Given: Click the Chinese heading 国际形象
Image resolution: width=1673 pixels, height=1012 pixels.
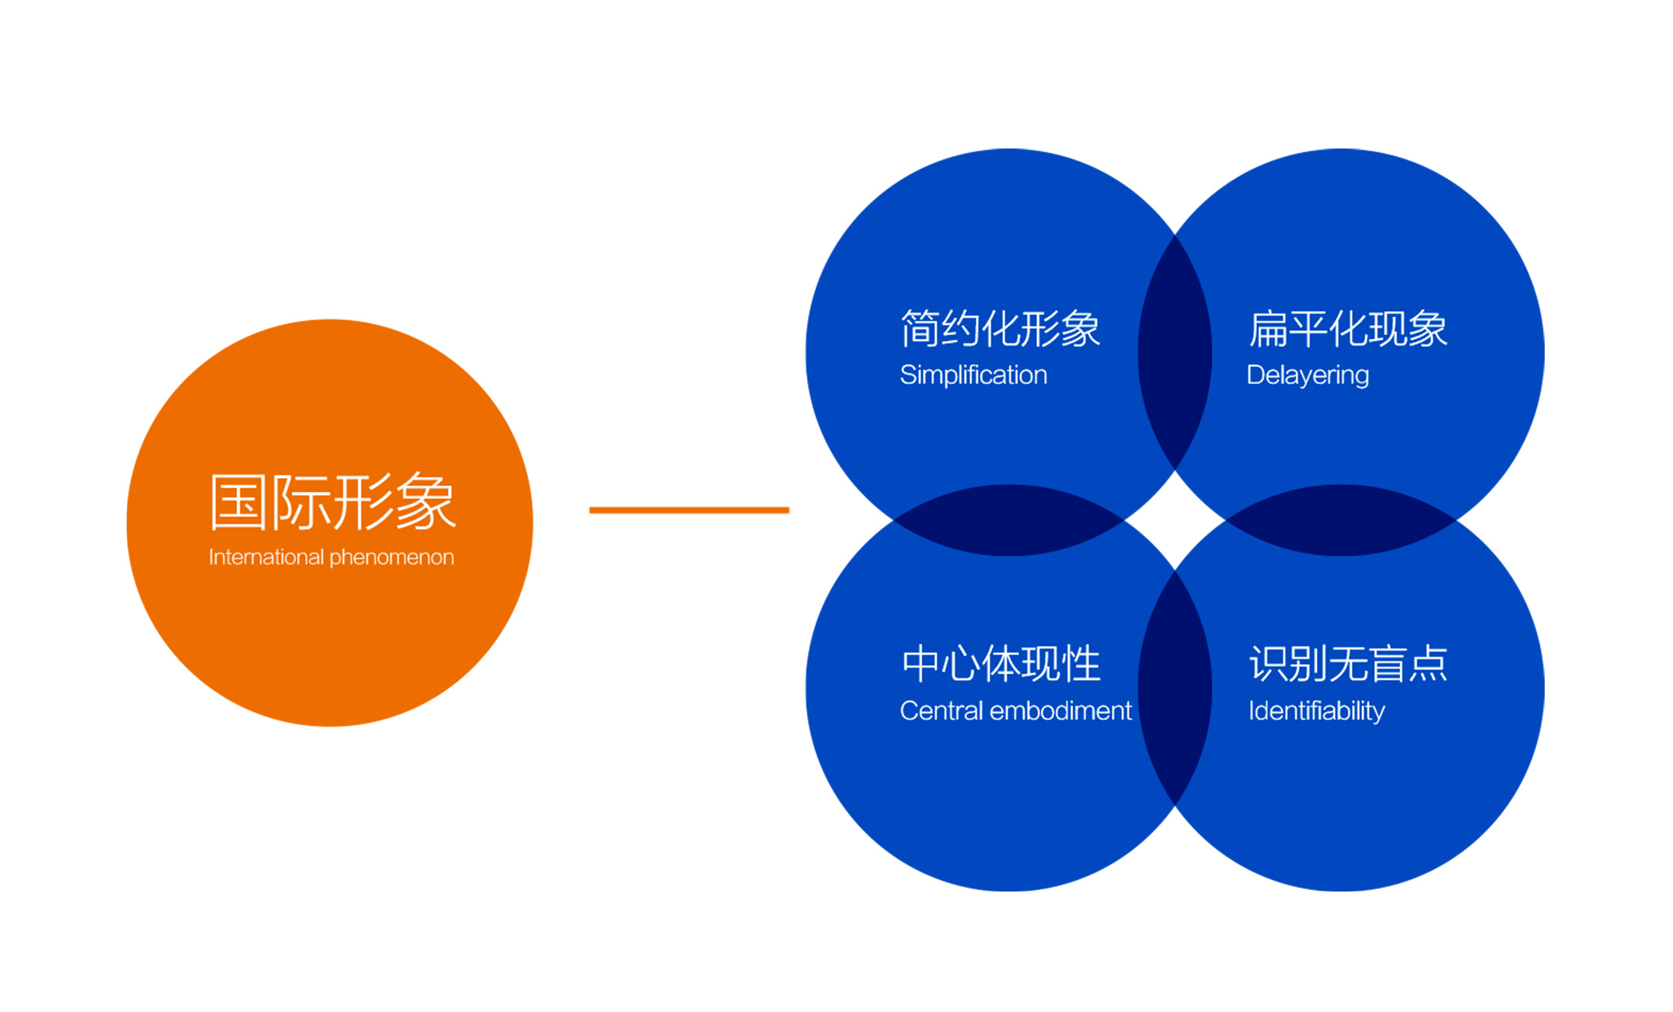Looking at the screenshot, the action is [332, 502].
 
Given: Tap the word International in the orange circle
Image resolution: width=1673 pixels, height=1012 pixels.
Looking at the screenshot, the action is [266, 557].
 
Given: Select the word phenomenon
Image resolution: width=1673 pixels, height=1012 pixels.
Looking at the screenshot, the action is [392, 558].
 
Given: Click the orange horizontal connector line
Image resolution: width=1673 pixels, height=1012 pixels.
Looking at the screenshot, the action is [689, 510].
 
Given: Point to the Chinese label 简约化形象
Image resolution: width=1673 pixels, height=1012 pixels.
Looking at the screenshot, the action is [1000, 328].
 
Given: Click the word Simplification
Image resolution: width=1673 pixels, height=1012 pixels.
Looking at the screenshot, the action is [973, 375].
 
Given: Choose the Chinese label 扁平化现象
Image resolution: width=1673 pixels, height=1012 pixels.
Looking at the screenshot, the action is [1348, 328].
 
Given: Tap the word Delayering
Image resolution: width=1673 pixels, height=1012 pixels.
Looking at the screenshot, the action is [1308, 375].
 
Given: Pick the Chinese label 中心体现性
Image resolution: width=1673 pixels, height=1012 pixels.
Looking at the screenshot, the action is [1001, 664].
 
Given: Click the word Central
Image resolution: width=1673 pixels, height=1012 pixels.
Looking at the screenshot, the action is [941, 710].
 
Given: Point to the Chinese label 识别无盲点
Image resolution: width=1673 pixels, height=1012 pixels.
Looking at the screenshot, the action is [1348, 664].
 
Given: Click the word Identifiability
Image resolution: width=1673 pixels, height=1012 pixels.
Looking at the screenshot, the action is [1317, 711].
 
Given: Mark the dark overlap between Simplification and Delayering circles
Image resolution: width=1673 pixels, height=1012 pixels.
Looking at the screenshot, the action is [1175, 353].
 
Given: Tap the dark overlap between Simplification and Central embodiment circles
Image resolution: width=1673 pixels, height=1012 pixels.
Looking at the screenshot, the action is [1009, 520].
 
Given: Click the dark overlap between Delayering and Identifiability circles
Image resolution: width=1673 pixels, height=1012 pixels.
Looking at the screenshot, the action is [1341, 520].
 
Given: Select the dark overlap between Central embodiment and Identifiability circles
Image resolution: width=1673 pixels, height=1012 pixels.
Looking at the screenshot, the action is [1175, 688].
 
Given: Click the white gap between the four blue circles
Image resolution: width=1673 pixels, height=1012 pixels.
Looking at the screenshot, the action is [1175, 520].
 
